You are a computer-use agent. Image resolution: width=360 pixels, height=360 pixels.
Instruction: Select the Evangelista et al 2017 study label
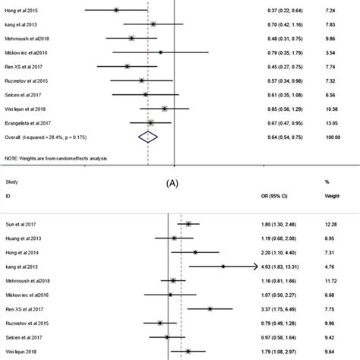33,122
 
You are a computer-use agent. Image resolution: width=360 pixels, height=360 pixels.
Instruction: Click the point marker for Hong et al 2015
116,11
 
